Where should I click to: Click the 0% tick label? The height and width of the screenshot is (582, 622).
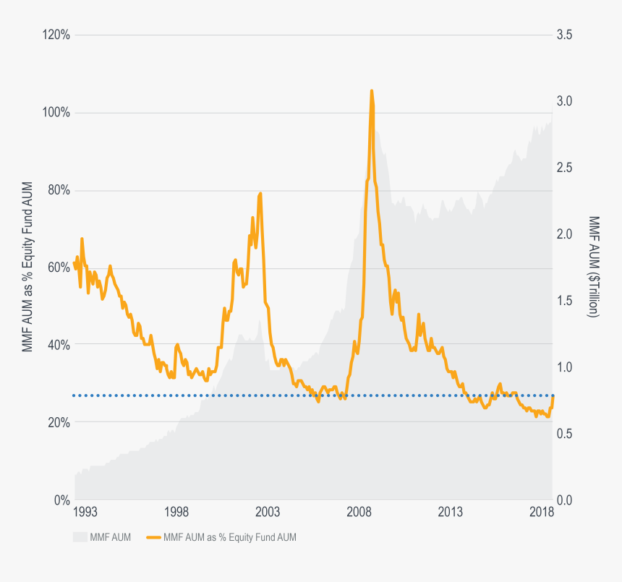coord(61,500)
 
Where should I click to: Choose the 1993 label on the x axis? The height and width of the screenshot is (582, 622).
coord(85,513)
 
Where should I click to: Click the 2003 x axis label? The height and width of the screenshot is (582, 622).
coord(268,513)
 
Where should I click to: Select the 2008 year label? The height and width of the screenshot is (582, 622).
coord(359,513)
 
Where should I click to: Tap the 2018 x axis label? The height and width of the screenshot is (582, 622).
coord(542,513)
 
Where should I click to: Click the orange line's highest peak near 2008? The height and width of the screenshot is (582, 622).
coord(371,91)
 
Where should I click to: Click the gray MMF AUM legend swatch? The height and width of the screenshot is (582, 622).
coord(80,537)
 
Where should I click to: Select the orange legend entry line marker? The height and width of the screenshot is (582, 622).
coord(153,537)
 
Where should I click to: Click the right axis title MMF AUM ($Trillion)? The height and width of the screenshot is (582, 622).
coord(593,268)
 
